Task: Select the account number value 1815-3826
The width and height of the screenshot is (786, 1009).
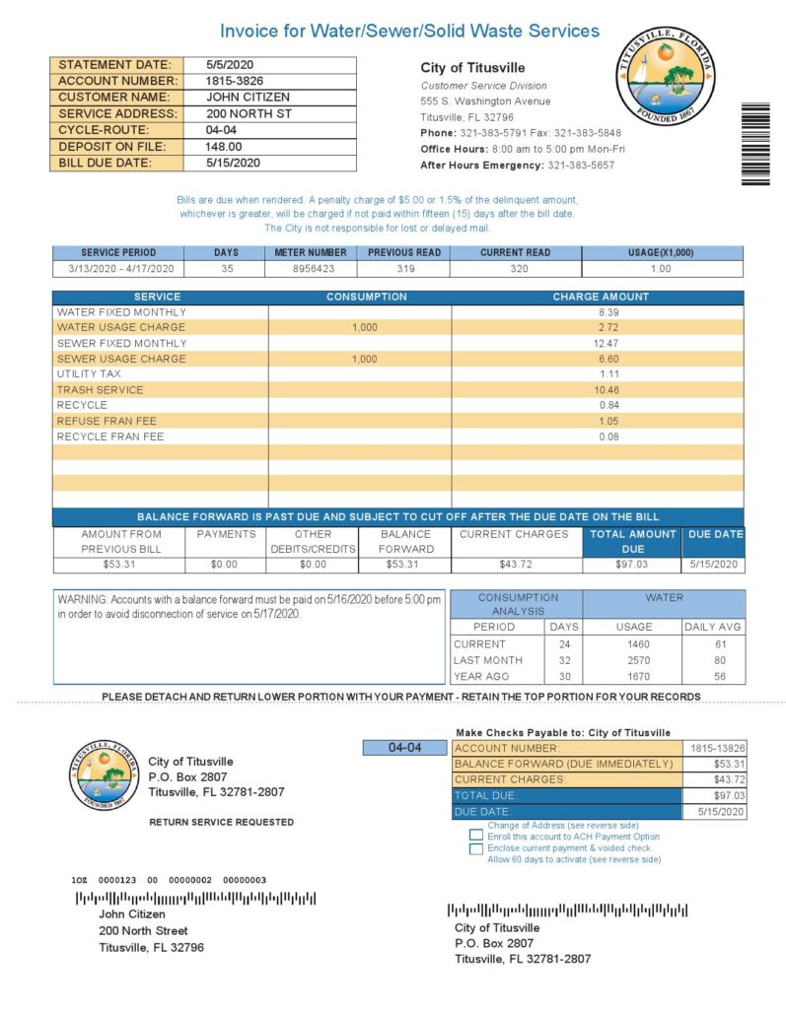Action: (234, 81)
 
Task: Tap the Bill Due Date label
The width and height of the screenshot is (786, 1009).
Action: (105, 163)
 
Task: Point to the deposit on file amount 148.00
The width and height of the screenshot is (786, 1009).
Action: (224, 146)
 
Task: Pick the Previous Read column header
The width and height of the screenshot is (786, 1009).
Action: (404, 252)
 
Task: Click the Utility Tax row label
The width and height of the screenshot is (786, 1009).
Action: (89, 374)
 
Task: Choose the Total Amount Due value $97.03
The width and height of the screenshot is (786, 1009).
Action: (632, 565)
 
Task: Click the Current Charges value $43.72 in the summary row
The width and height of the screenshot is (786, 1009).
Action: (514, 565)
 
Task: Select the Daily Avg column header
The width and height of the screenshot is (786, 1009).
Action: (713, 627)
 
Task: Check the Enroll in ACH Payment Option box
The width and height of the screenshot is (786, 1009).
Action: (477, 836)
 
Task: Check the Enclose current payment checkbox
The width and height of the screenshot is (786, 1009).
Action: (477, 847)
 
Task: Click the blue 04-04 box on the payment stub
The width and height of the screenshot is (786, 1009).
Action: (405, 748)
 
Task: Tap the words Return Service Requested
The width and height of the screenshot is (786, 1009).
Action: (221, 822)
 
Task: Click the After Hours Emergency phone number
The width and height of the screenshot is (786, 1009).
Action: (581, 165)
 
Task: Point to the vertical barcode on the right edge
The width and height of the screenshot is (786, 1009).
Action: (755, 144)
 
